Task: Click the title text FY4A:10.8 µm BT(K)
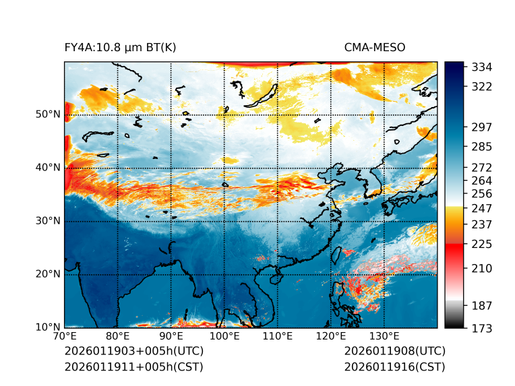click(120, 47)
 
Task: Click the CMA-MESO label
click(375, 47)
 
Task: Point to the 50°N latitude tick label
click(48, 115)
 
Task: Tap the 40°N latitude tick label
click(48, 168)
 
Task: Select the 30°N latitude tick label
click(48, 221)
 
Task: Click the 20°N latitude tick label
click(48, 274)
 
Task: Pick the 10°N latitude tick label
click(48, 327)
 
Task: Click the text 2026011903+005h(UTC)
click(133, 352)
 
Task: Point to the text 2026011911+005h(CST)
click(133, 367)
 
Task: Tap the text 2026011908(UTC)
click(394, 352)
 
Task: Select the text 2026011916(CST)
click(394, 367)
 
